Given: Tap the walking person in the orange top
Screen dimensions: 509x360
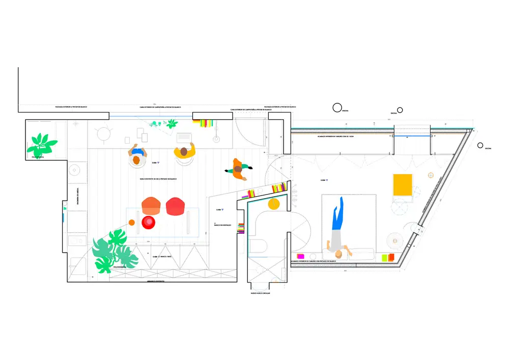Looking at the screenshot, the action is pos(238,169).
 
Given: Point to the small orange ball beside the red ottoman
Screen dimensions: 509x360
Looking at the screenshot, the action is pos(131,222).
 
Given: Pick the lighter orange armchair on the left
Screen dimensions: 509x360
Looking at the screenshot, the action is pos(151,206).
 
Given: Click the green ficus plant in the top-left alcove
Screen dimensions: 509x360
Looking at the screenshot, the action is pos(40,144).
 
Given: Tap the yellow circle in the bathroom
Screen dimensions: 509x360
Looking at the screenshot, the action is pos(274,205).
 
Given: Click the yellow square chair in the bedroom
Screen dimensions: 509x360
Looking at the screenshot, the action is pos(402,184).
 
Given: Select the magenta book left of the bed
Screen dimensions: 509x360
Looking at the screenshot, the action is pos(300,257).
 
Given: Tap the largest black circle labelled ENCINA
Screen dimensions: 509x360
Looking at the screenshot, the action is pos(337,107).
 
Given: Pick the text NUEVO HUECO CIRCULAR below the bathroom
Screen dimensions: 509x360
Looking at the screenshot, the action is pos(260,293).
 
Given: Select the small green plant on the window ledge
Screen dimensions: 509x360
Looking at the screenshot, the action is pos(172,123).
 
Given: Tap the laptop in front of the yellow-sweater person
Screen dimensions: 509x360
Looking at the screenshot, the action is pos(183,137).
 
